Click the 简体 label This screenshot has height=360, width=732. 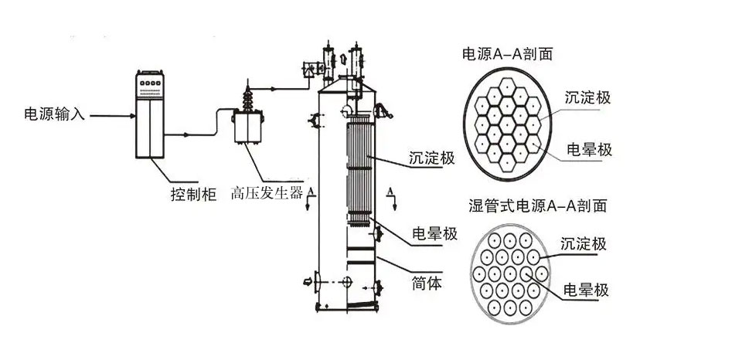click(x=427, y=284)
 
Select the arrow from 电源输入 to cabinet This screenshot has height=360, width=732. click(x=109, y=117)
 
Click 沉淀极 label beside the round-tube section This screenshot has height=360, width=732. click(x=584, y=244)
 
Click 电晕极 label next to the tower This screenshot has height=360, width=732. click(x=435, y=234)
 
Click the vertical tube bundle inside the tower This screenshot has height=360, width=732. click(x=359, y=166)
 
